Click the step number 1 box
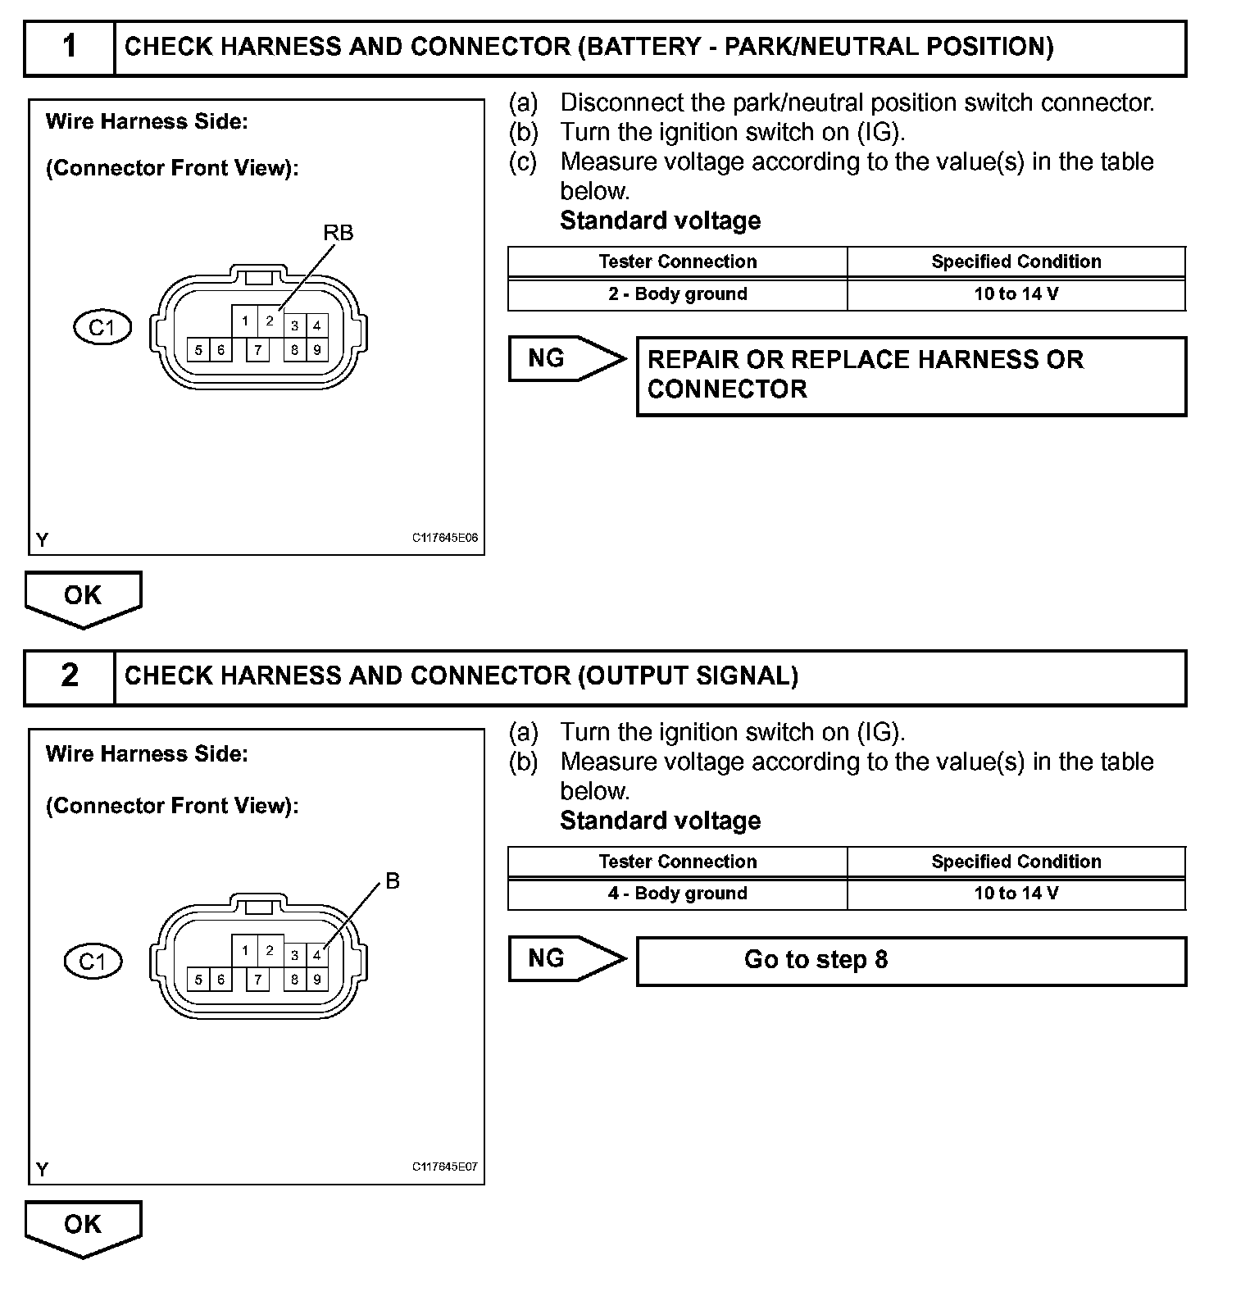pos(70,48)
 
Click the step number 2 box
pos(70,676)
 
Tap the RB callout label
pos(338,233)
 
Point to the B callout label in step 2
pos(393,881)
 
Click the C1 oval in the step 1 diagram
pos(102,328)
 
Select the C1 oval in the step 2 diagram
pos(93,961)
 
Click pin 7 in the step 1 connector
pos(258,350)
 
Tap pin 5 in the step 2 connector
pos(198,980)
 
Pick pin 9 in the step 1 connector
pos(317,350)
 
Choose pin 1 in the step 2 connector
pos(245,951)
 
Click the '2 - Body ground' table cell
pos(678,294)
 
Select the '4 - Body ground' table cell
pos(678,894)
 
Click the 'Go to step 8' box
pos(911,961)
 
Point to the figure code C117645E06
pos(445,539)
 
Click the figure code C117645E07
pos(445,1167)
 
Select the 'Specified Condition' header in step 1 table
pos(1016,262)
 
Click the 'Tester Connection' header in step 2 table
pos(678,862)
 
